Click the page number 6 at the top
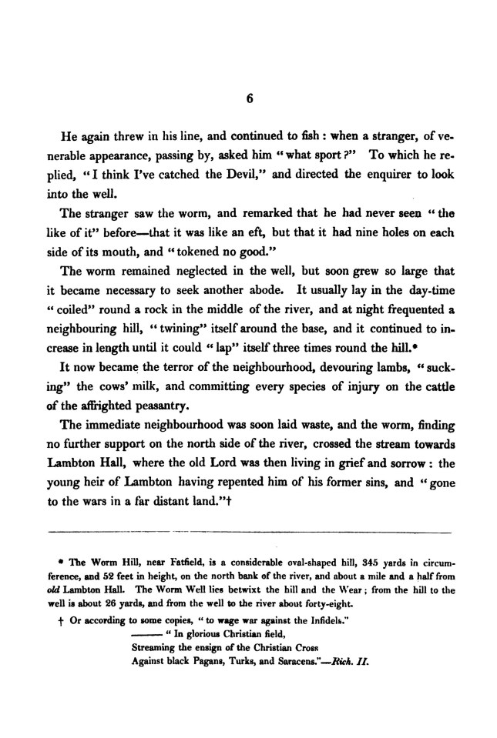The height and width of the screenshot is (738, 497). click(x=249, y=99)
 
